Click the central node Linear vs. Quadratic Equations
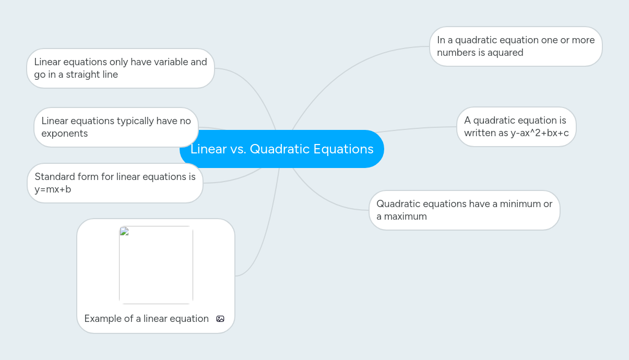coord(282,149)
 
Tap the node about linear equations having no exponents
coord(116,127)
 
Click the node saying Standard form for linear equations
coord(115,183)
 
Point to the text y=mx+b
coord(53,189)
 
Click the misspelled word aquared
coord(505,53)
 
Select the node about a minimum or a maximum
coord(464,210)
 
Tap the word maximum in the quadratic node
coord(405,217)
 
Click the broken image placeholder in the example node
coord(156,265)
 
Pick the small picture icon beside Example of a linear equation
coord(220,319)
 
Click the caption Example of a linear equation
coord(146,319)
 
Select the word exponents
coord(65,134)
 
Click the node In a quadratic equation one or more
coord(516,46)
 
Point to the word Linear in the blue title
coord(208,149)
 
